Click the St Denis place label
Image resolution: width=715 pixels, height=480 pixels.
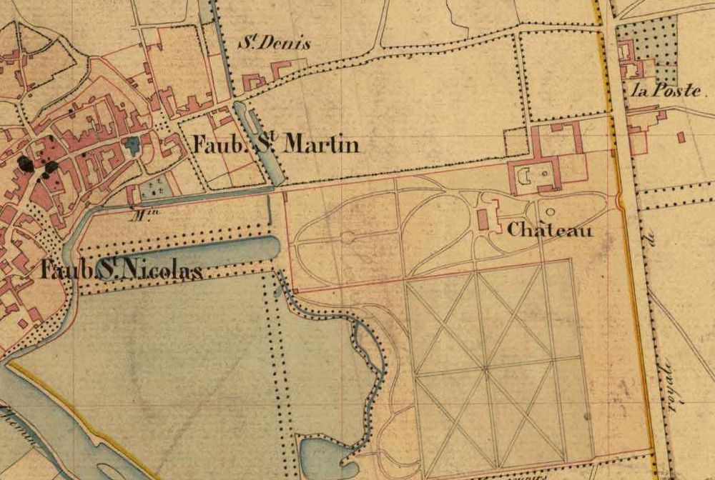[x=275, y=44]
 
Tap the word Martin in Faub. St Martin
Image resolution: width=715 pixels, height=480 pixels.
[x=321, y=145]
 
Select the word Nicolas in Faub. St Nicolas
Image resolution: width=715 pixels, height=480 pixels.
[x=159, y=271]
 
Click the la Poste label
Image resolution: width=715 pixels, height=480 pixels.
[x=666, y=91]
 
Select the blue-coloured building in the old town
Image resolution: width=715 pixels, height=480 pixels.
[x=132, y=145]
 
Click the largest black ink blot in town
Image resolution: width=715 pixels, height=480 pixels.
[x=26, y=164]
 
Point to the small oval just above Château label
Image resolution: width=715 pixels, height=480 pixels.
[x=551, y=211]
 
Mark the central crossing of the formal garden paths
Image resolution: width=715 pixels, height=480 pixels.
[x=488, y=367]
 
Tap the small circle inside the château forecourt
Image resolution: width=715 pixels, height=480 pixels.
[x=545, y=173]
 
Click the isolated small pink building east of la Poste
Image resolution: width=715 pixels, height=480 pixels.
[x=680, y=136]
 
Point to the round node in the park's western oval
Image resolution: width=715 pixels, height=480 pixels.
[x=348, y=237]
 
